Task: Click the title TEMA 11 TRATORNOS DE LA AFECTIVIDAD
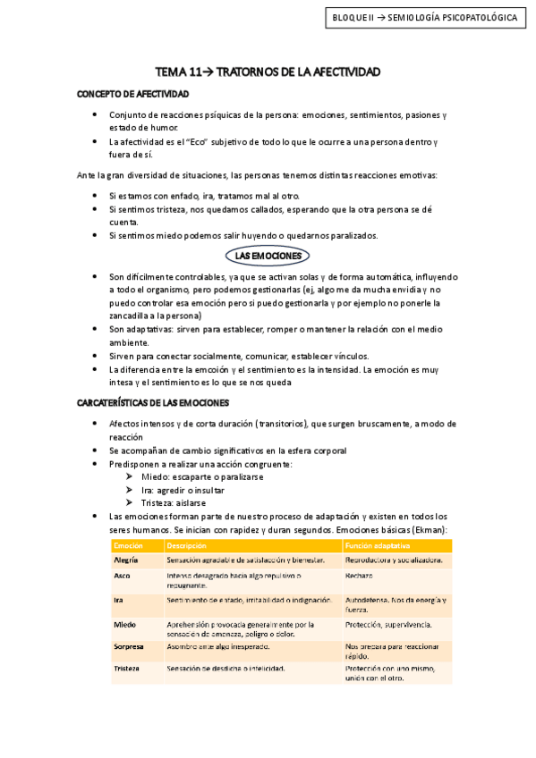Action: click(268, 71)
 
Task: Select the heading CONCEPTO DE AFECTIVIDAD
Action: click(132, 93)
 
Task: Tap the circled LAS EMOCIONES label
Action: click(268, 257)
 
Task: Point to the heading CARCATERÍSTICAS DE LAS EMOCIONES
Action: click(154, 403)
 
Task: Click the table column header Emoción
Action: click(129, 544)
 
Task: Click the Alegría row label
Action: click(126, 560)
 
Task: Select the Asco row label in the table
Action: click(123, 576)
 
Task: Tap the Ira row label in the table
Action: click(118, 600)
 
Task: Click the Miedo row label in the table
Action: click(124, 624)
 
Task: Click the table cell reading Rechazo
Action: click(360, 576)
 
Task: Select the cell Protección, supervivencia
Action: click(388, 624)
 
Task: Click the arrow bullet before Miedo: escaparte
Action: click(132, 476)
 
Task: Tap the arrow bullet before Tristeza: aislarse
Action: click(132, 502)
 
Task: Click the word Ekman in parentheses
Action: click(426, 530)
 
